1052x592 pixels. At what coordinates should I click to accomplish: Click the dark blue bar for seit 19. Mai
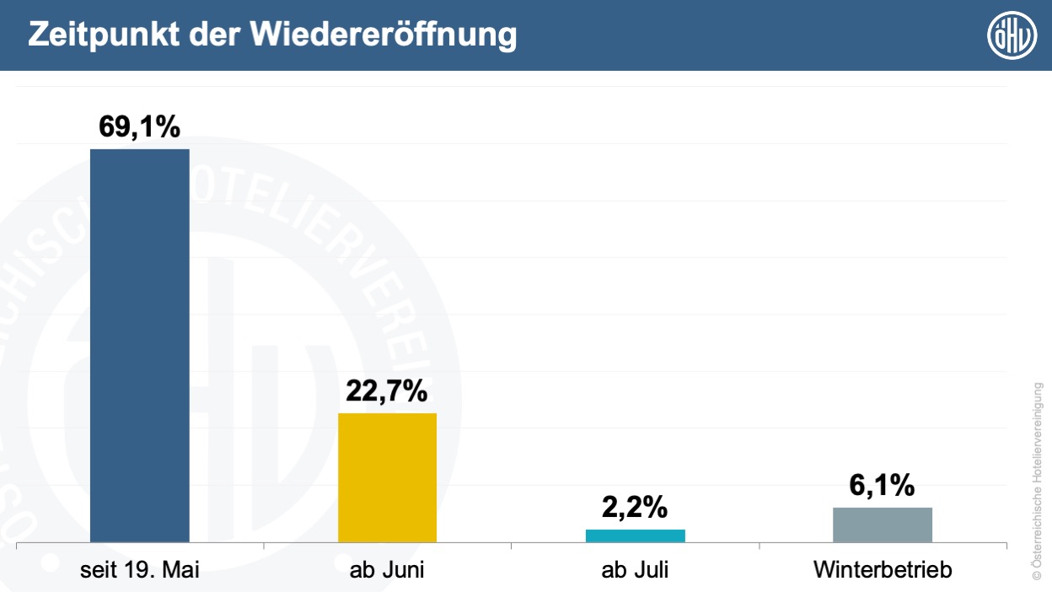pos(140,346)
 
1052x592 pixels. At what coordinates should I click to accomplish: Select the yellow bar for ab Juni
pos(388,477)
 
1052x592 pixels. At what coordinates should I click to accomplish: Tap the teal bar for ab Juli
pos(635,535)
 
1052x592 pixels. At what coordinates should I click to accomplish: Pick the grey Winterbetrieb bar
pos(883,525)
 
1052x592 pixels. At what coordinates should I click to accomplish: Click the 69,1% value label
pos(140,126)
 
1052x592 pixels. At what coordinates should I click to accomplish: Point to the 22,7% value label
pos(388,391)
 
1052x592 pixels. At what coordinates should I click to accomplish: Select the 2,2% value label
pos(635,508)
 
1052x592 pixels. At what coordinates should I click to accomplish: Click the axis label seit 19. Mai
pos(140,570)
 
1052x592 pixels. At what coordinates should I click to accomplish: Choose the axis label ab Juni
pos(387,570)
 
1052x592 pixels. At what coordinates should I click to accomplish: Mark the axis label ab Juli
pos(635,570)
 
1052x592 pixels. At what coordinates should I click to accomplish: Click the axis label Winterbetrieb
pos(883,570)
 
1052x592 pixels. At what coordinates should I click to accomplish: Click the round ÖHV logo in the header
pos(1012,35)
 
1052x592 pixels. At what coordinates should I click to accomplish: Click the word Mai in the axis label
pos(181,570)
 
